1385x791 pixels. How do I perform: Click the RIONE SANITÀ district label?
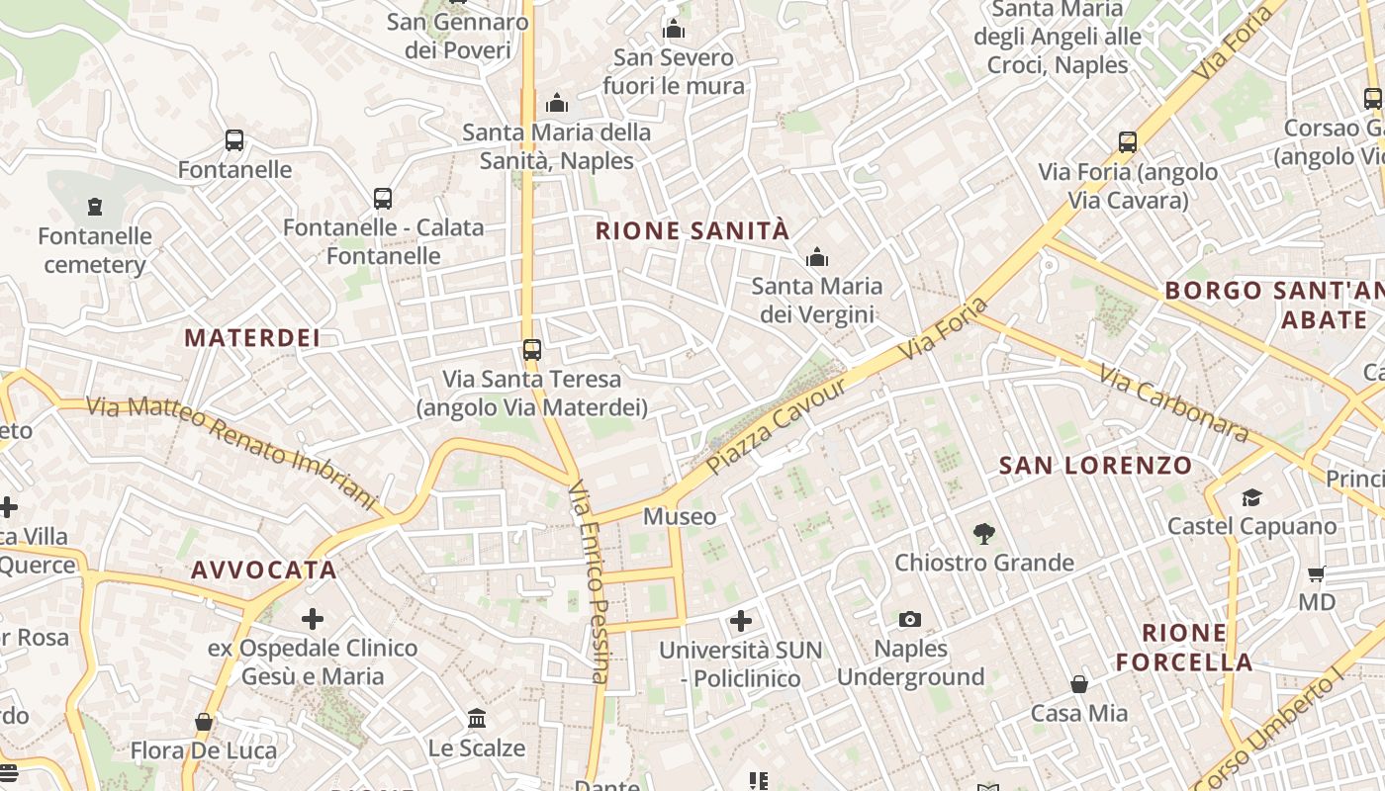coord(692,231)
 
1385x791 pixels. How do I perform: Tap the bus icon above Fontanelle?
coord(234,140)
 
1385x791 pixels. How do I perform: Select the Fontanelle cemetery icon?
coord(95,207)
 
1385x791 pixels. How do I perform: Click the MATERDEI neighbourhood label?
coord(252,338)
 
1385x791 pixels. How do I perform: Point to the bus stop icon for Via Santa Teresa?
coord(532,349)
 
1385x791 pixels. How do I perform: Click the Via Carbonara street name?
coord(1172,403)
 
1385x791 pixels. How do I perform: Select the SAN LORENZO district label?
coord(1095,466)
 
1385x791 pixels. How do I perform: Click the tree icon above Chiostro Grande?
coord(983,534)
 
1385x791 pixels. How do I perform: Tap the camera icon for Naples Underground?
coord(910,620)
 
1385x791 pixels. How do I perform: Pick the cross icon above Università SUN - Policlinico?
coord(741,621)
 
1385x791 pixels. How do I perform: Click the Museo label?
coord(680,517)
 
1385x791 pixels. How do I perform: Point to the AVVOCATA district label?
coord(264,571)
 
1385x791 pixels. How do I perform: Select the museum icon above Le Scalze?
coord(477,718)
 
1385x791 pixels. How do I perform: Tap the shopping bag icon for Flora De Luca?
coord(204,722)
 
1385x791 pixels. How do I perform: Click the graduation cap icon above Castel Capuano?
coord(1252,497)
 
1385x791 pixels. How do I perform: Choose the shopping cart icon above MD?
coord(1317,573)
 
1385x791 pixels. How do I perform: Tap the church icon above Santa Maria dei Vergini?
coord(817,258)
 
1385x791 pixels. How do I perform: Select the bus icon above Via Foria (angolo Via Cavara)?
coord(1128,142)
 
